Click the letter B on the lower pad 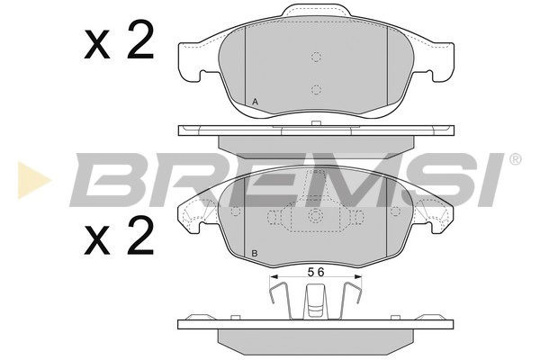tap(256, 254)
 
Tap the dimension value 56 tap(315, 272)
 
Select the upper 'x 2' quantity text tap(119, 41)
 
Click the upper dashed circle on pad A tap(316, 57)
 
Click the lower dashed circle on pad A tap(316, 89)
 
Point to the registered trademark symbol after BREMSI tap(515, 159)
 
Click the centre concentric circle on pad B tap(315, 216)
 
